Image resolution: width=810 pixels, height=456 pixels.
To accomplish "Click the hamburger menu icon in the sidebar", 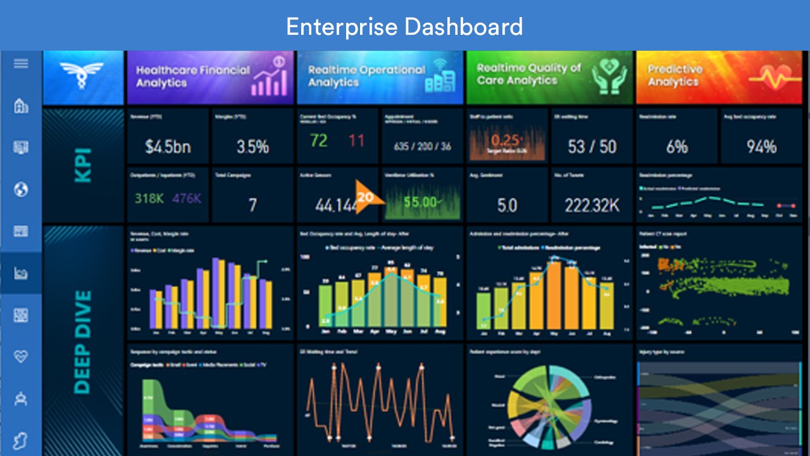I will click(21, 63).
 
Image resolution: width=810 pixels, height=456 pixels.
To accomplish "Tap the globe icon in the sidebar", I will click(21, 189).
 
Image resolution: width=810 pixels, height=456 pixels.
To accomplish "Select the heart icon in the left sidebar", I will click(21, 357).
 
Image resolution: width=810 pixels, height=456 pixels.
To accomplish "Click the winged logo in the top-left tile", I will click(83, 76).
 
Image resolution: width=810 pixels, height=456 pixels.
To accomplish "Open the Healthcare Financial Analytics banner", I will click(210, 77).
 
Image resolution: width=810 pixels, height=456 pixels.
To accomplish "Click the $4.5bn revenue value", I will click(168, 147).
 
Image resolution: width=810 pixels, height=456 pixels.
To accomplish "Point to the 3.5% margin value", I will click(252, 147).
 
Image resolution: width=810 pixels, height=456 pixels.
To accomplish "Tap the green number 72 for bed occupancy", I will click(319, 141).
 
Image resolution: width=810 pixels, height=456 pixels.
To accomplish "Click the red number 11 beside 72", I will click(357, 141).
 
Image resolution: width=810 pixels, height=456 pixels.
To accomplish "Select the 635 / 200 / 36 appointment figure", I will click(423, 146).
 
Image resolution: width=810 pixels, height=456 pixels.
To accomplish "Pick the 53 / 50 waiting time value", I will click(592, 147).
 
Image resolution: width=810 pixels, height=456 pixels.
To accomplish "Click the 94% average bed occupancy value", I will click(761, 147).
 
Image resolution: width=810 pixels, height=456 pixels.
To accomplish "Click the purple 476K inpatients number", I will click(186, 199).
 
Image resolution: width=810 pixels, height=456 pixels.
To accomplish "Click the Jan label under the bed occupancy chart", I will click(326, 331).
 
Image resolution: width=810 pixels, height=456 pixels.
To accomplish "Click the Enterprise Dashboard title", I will click(404, 26).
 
